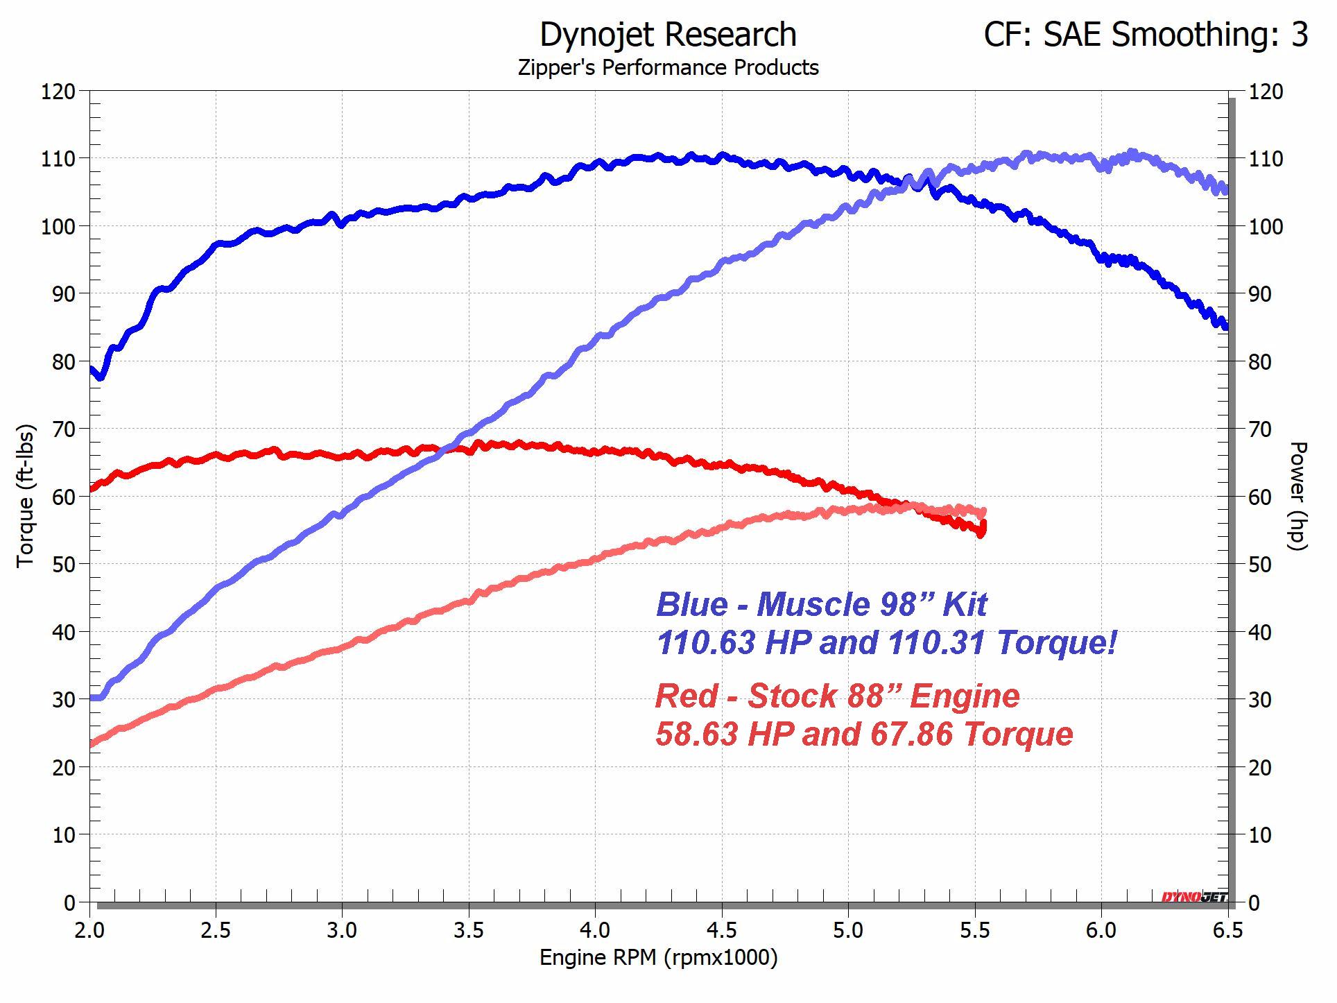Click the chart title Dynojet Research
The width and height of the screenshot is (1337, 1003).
pyautogui.click(x=668, y=35)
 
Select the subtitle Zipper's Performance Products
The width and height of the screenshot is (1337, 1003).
pyautogui.click(x=668, y=68)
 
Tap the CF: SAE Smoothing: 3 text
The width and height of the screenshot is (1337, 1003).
pyautogui.click(x=1146, y=35)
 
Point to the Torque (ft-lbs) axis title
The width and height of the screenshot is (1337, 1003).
pyautogui.click(x=26, y=496)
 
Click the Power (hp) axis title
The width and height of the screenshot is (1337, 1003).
pyautogui.click(x=1297, y=496)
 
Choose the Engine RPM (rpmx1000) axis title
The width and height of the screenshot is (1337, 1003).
pyautogui.click(x=658, y=958)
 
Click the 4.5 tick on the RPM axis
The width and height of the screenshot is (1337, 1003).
pyautogui.click(x=722, y=930)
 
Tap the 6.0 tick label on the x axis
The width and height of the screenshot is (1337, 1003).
pyautogui.click(x=1101, y=930)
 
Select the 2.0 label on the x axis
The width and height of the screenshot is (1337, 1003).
pyautogui.click(x=89, y=930)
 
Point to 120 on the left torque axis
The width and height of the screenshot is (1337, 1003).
pyautogui.click(x=58, y=92)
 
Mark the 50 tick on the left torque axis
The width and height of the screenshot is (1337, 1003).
pyautogui.click(x=62, y=564)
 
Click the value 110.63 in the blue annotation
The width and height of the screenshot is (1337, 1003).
pyautogui.click(x=705, y=642)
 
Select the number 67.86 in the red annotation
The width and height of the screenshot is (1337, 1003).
pyautogui.click(x=911, y=734)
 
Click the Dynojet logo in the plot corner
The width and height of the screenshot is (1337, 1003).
pyautogui.click(x=1194, y=897)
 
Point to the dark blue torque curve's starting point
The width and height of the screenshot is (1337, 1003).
pyautogui.click(x=92, y=370)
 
